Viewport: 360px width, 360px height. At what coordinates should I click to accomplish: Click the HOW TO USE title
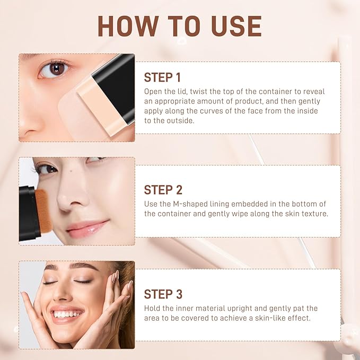[180, 26]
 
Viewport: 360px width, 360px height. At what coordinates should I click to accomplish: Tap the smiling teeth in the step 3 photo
[65, 314]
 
